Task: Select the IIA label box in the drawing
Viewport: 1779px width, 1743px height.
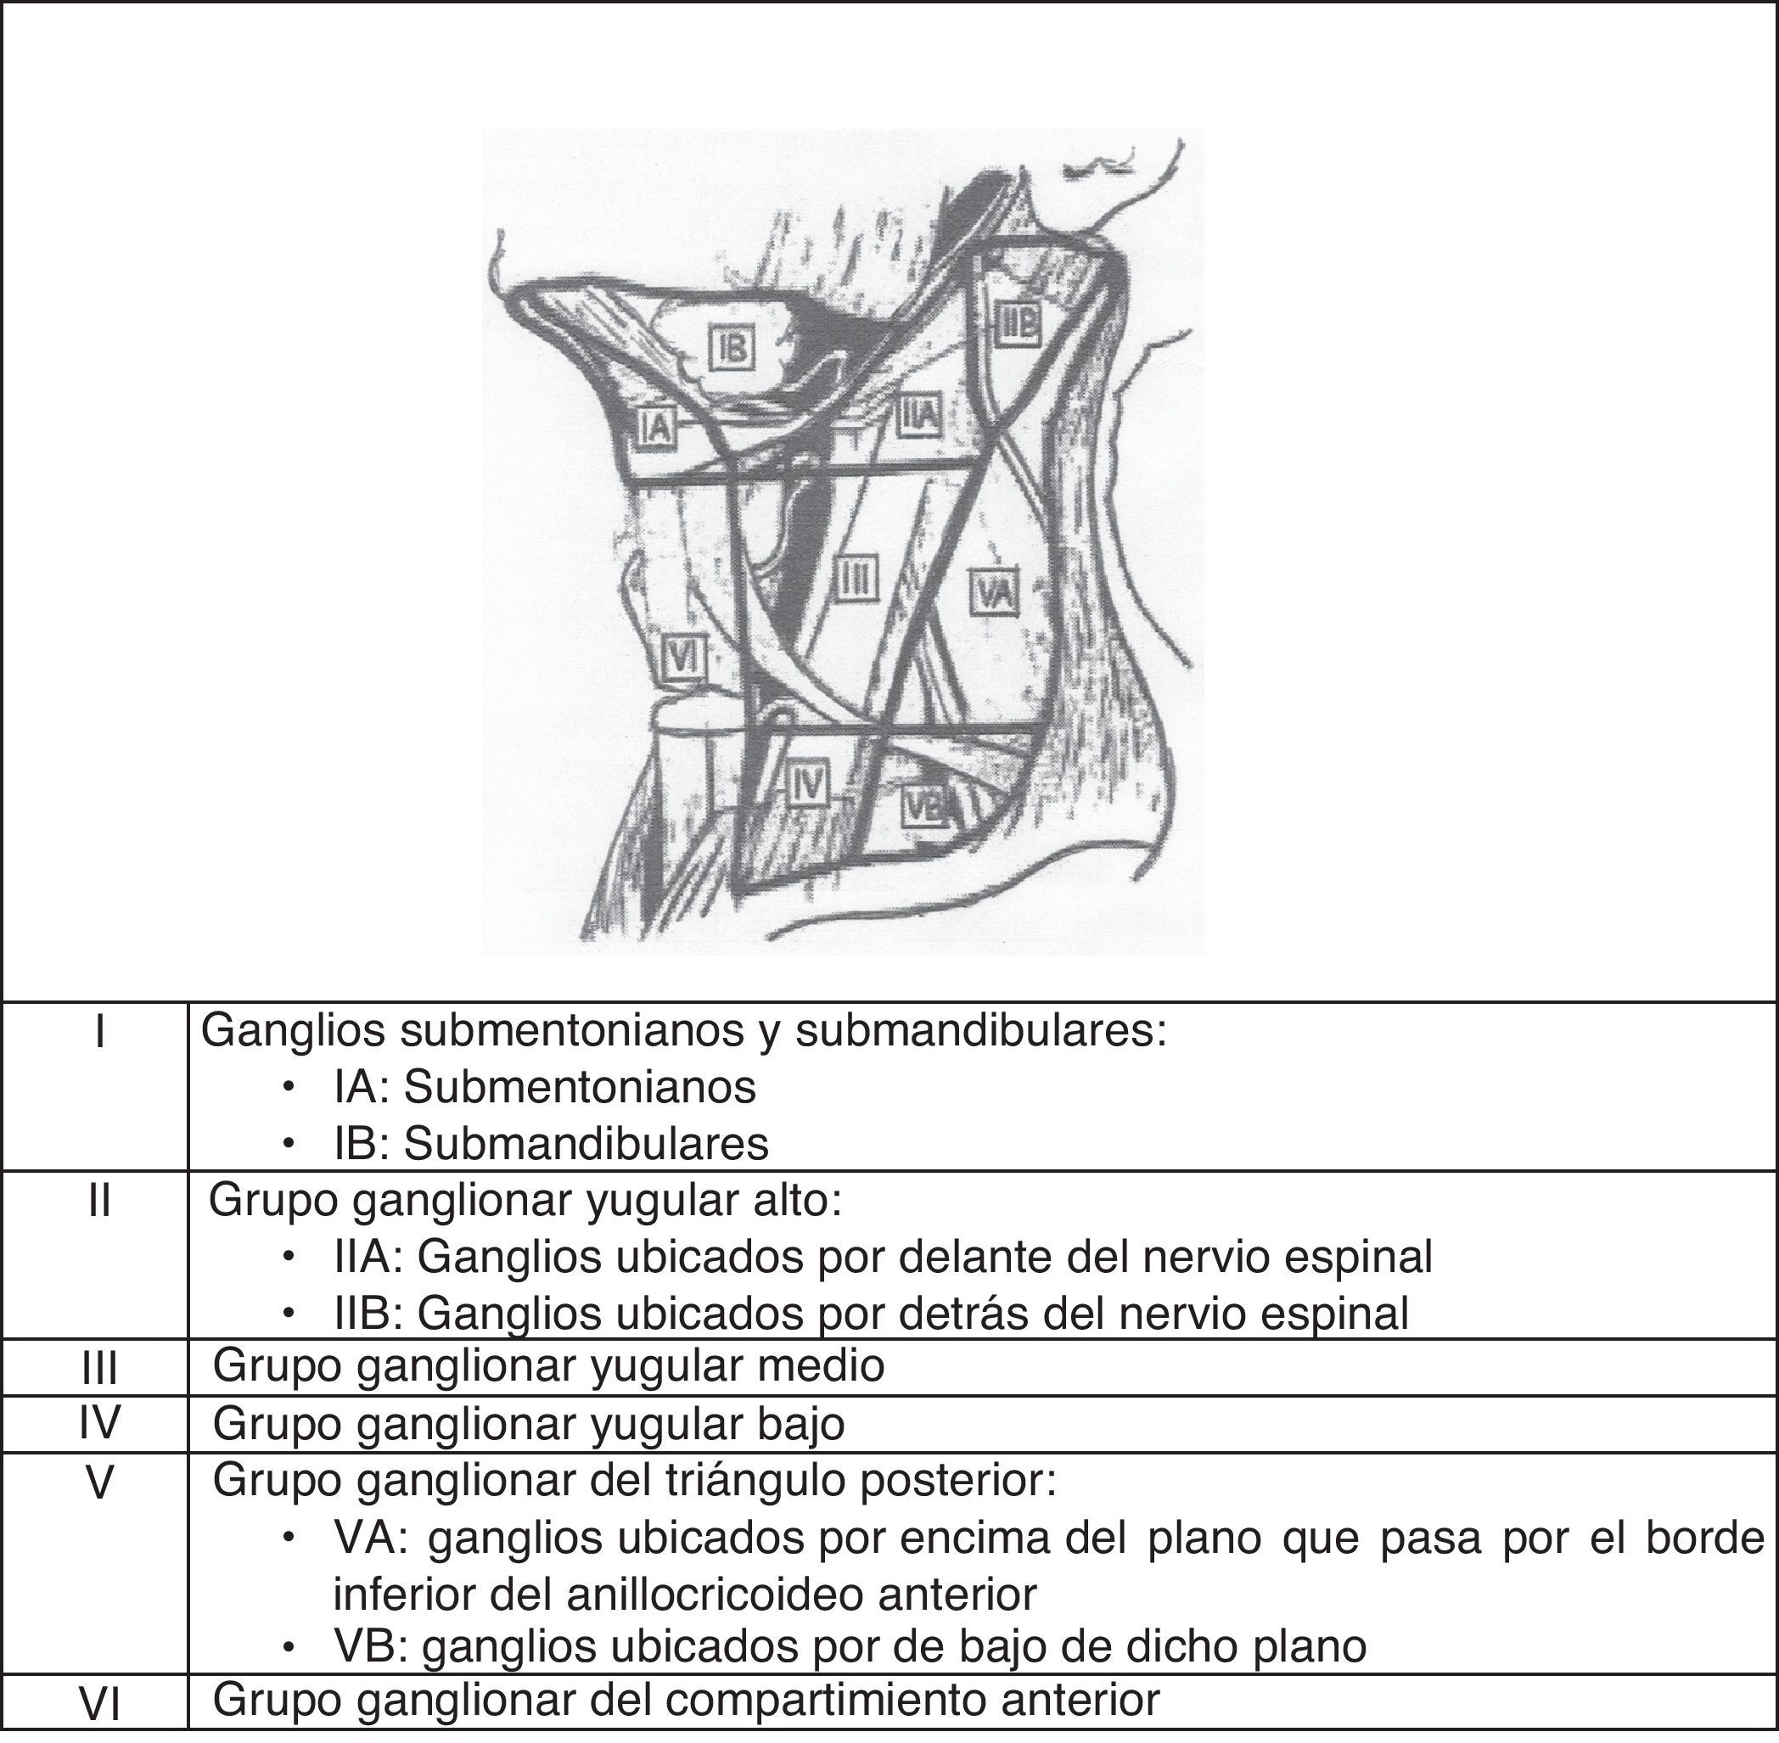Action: pos(918,415)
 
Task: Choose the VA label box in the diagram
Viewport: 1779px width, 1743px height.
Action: pos(995,592)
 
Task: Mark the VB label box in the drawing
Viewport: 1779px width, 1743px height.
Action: pos(925,805)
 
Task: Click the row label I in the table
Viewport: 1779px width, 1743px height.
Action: pos(99,1033)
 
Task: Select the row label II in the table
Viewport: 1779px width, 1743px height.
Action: pos(99,1201)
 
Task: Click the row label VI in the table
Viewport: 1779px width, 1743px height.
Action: pos(99,1708)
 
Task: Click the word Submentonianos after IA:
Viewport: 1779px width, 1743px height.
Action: pos(580,1089)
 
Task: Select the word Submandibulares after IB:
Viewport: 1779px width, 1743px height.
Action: pos(586,1144)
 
